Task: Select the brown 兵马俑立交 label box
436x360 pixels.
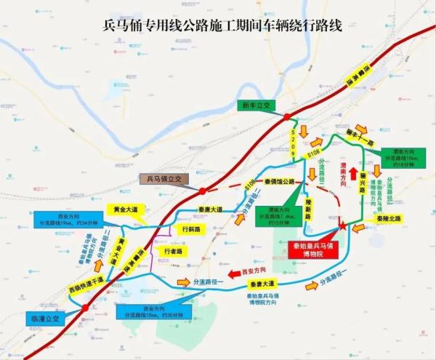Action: tap(163, 178)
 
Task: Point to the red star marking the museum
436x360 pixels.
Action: tap(342, 228)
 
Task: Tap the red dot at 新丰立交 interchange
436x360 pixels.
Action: tap(287, 116)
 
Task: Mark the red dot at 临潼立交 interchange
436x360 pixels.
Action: tap(85, 308)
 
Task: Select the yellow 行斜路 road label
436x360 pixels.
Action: tap(190, 228)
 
